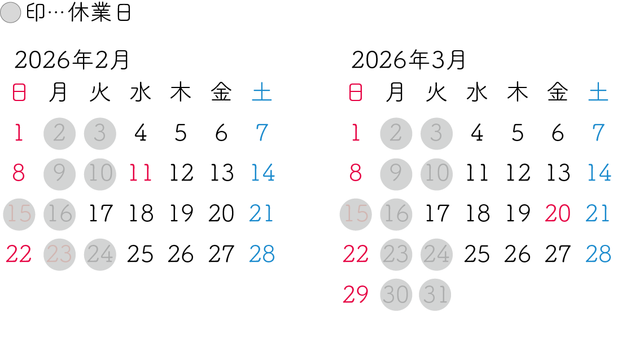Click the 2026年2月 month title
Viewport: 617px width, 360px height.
(x=72, y=59)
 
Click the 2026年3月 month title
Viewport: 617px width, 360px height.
(x=409, y=59)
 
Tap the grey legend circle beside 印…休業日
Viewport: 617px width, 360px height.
(x=10, y=14)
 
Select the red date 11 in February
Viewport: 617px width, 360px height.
(x=140, y=173)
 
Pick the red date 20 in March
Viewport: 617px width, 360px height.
(x=558, y=214)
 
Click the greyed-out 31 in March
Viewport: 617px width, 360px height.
(x=436, y=295)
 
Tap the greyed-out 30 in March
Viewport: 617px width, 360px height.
(x=396, y=295)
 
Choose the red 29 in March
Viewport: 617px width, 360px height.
(x=356, y=295)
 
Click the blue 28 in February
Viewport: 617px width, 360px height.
(x=262, y=254)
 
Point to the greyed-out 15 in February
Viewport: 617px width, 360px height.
(x=19, y=214)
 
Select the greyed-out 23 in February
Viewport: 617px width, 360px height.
(x=59, y=254)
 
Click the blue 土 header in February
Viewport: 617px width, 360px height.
(x=262, y=93)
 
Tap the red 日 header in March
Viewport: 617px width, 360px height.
(x=356, y=93)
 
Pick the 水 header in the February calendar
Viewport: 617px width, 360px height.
(x=140, y=93)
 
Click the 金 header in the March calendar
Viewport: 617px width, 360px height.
(x=558, y=93)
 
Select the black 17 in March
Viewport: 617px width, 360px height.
(x=436, y=214)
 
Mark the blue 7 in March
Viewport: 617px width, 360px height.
(x=598, y=133)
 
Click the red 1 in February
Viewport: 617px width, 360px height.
(x=19, y=133)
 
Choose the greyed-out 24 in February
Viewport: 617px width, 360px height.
(x=100, y=254)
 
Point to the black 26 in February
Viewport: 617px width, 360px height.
(x=181, y=254)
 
